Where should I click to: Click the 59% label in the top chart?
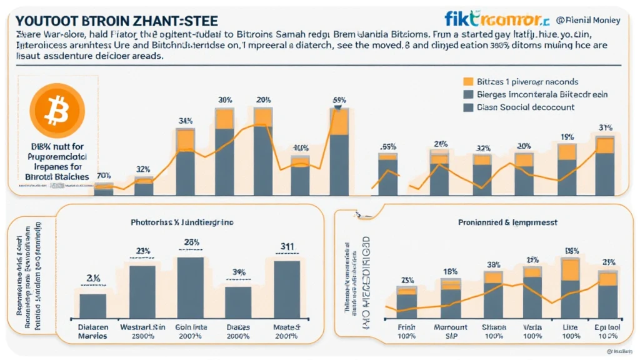click(x=339, y=100)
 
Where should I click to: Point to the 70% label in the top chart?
click(x=104, y=176)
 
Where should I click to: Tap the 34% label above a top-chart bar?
click(x=185, y=121)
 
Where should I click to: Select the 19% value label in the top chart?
click(x=567, y=136)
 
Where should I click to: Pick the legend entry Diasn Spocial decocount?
click(x=525, y=107)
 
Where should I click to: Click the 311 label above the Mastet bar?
click(x=287, y=247)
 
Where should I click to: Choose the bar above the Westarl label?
click(x=142, y=292)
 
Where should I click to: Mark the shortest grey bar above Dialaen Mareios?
click(x=92, y=306)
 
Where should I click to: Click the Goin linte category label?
click(x=191, y=327)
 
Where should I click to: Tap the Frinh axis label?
click(x=407, y=327)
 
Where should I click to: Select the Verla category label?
click(x=532, y=327)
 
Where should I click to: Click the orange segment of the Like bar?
click(x=570, y=269)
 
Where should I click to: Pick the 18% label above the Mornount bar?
click(x=450, y=271)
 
